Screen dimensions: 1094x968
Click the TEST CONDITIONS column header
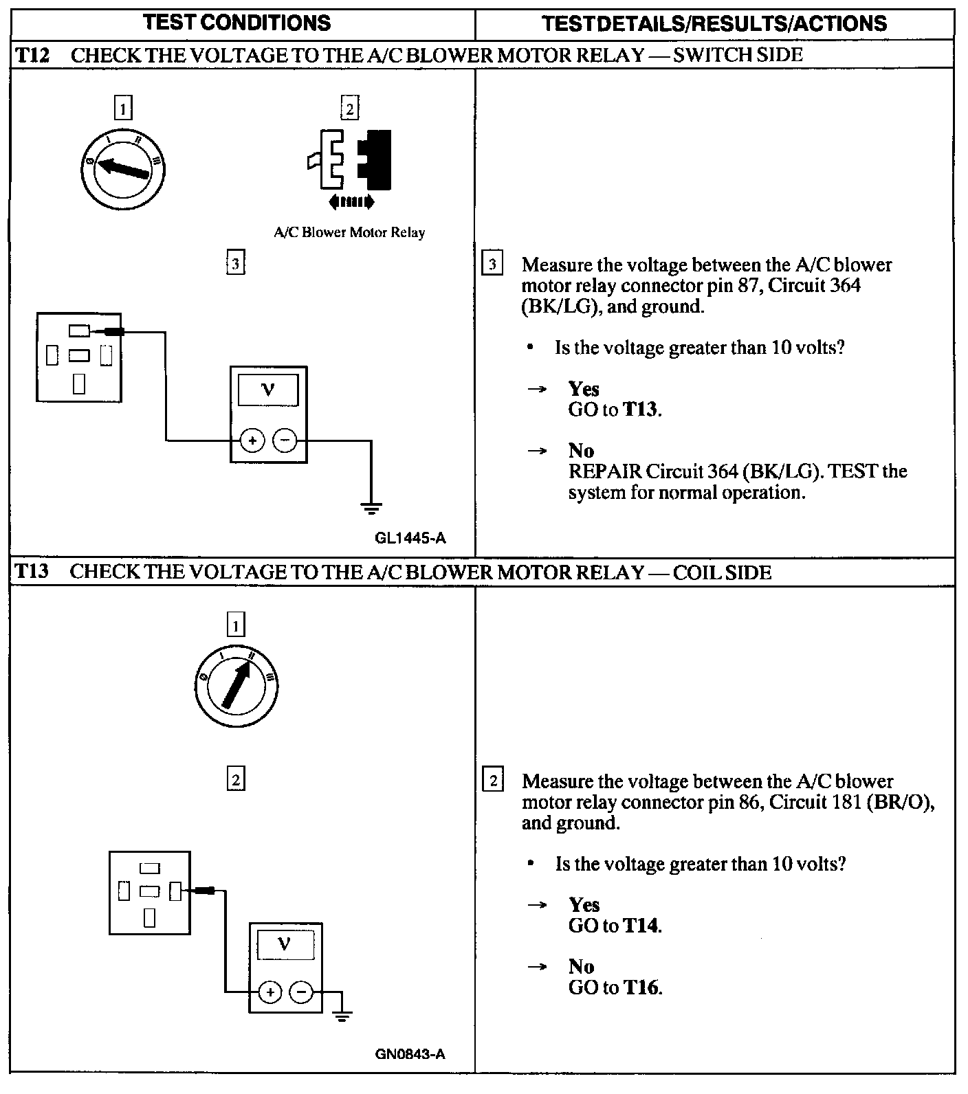237,23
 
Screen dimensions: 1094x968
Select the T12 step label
32,55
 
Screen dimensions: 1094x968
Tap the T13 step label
32,572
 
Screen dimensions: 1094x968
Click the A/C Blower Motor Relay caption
349,232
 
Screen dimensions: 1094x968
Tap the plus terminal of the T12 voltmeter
252,440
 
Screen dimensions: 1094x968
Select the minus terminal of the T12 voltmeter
285,440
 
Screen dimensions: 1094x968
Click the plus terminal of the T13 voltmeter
270,992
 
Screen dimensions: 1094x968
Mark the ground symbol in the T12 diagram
371,509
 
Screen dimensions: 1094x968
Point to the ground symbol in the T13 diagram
342,1016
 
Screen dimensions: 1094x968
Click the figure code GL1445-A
410,538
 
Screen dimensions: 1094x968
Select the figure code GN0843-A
410,1053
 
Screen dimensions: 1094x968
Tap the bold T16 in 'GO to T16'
641,987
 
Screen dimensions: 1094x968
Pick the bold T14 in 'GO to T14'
641,926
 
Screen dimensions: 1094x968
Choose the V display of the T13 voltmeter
285,945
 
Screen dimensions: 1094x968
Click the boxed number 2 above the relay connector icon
349,109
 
